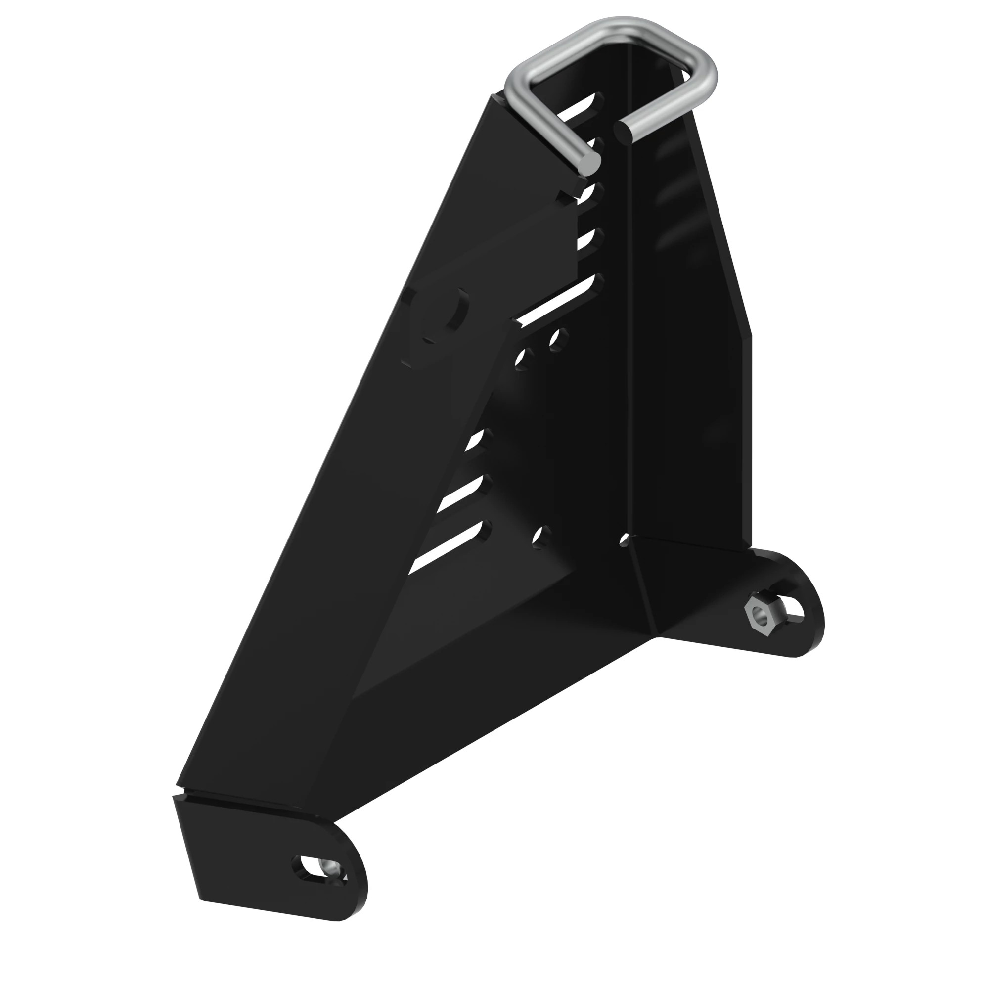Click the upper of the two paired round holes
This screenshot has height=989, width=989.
point(559,337)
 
